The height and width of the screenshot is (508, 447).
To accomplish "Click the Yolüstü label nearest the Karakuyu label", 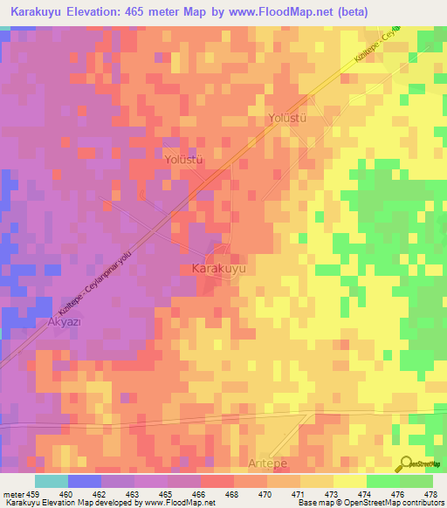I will coord(183,161).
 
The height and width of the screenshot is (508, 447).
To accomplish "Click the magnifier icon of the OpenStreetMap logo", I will coord(407,463).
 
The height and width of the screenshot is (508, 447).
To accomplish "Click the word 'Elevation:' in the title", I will coord(109,11).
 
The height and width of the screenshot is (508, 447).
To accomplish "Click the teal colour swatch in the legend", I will coord(51,481).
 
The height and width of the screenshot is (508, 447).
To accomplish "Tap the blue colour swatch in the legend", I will coord(84,481).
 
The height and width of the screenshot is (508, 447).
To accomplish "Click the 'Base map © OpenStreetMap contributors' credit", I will coord(377,502).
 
